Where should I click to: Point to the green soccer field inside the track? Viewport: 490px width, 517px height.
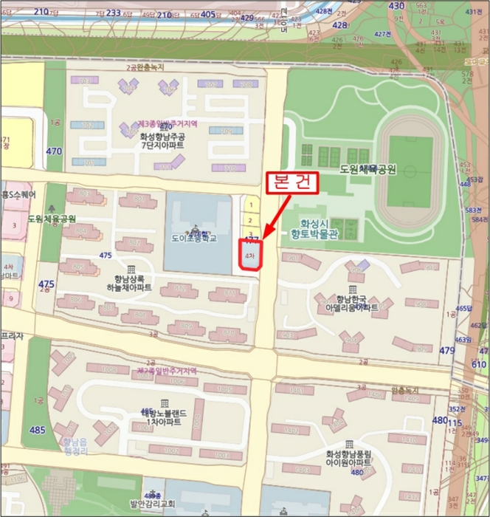coord(405,169)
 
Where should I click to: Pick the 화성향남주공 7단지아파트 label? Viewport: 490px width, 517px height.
coord(162,140)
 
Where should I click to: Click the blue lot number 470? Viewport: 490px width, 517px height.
coord(54,151)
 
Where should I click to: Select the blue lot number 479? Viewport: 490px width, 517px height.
coord(447,350)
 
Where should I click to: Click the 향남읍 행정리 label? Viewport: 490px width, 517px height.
coord(71,446)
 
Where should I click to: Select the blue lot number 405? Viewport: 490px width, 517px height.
coord(208,14)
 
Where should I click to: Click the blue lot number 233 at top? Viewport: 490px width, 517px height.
coord(114,13)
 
